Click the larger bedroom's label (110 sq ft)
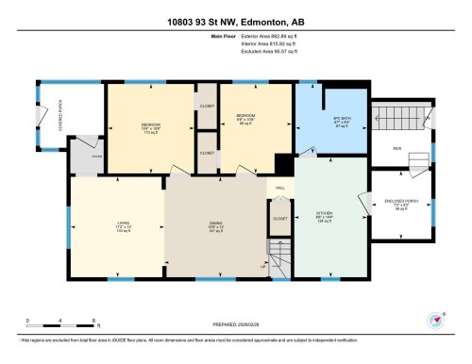pos(151,127)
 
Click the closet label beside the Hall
pos(280,218)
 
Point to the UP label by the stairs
pos(263,268)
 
